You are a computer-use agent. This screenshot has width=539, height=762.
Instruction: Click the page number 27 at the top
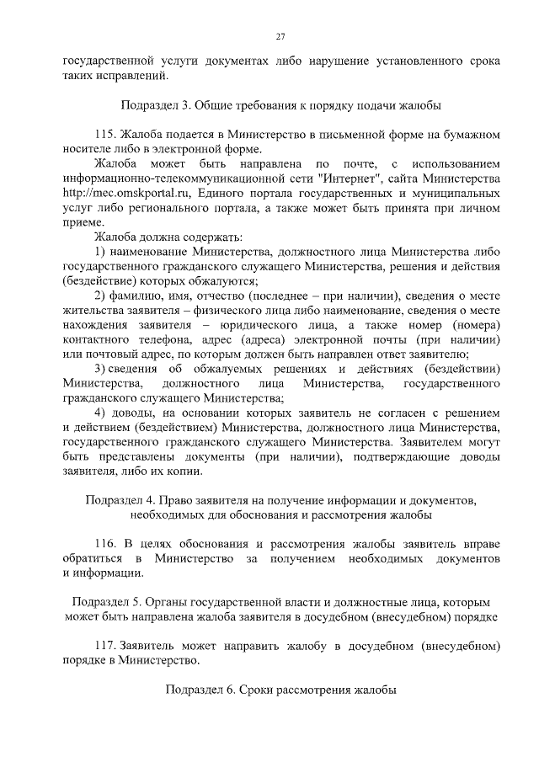click(x=281, y=35)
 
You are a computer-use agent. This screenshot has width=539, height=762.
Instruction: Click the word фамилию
click(x=132, y=296)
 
